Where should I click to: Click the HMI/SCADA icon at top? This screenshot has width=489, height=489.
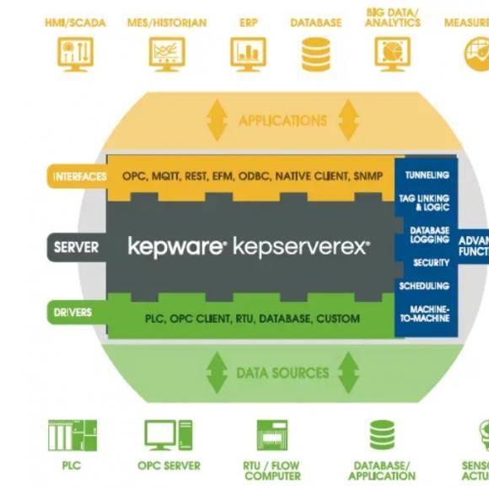76,53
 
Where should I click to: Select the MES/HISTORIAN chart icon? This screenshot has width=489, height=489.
166,53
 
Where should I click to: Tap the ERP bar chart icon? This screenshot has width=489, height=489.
248,53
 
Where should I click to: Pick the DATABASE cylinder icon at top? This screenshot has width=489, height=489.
315,53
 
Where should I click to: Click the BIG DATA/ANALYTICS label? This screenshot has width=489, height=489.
393,18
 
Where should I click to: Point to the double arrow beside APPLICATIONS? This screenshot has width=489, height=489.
218,120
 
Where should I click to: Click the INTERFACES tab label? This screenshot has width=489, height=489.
79,176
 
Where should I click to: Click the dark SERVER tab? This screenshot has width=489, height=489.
76,247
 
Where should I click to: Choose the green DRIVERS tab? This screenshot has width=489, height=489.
73,313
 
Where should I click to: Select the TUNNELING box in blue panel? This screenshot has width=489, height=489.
427,175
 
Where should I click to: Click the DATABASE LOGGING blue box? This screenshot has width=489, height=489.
429,235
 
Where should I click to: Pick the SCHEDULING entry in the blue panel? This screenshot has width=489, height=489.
424,287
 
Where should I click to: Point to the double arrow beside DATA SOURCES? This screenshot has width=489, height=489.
218,372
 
